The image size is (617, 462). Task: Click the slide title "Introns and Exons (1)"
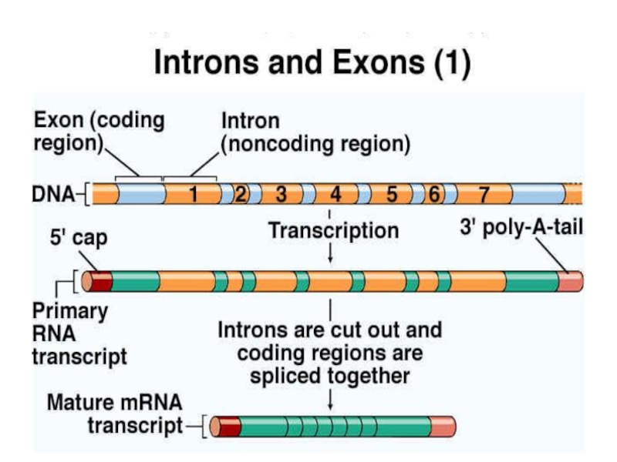click(x=312, y=64)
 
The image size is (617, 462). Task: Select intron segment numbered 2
click(x=241, y=194)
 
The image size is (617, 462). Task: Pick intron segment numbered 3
click(x=282, y=194)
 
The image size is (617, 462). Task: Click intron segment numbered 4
click(x=336, y=194)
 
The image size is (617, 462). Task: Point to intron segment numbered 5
click(x=392, y=194)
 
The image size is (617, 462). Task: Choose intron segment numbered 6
click(x=433, y=194)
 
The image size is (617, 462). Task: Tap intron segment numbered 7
click(x=484, y=194)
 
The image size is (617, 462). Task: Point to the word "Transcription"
click(x=333, y=230)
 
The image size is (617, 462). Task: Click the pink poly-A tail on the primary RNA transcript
click(x=571, y=282)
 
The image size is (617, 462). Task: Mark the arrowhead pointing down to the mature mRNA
click(x=330, y=406)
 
